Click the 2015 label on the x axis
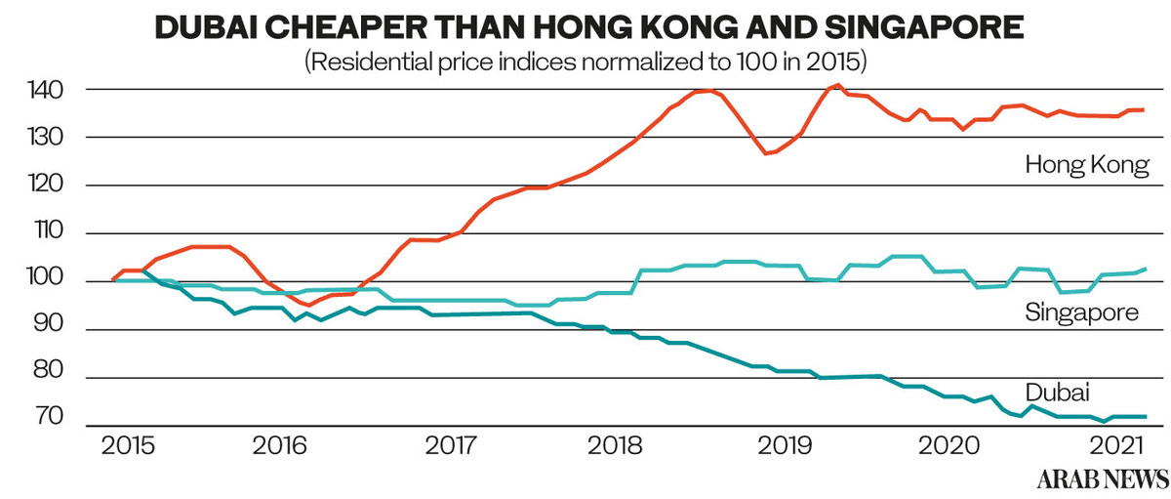(x=128, y=446)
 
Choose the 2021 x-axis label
(x=1116, y=446)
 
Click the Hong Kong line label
(x=1087, y=167)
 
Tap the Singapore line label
(x=1082, y=313)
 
